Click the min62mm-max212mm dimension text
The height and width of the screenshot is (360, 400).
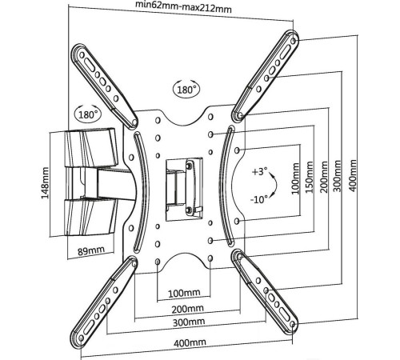183,6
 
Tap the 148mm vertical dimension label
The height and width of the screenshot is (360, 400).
45,183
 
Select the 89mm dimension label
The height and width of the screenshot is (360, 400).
91,250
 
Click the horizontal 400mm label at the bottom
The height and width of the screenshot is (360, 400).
190,342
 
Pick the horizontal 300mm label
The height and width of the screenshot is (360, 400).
189,322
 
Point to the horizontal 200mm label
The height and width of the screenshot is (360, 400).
187,309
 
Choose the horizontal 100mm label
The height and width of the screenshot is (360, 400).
184,293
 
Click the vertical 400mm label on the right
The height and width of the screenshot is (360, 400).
353,175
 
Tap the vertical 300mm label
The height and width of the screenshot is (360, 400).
338,176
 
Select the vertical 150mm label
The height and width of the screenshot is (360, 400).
309,178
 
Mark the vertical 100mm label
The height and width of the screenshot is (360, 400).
295,178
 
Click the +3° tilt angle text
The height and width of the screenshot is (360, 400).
259,171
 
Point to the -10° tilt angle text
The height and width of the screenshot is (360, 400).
259,199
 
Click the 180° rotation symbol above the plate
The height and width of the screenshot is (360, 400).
186,89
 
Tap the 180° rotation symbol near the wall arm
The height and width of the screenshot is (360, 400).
87,114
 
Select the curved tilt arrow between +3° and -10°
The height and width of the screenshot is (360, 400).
274,185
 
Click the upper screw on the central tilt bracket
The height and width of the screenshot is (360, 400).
190,166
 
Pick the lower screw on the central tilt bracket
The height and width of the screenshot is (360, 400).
190,210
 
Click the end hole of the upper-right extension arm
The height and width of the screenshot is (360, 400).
294,42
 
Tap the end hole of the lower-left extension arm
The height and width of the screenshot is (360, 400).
81,337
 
